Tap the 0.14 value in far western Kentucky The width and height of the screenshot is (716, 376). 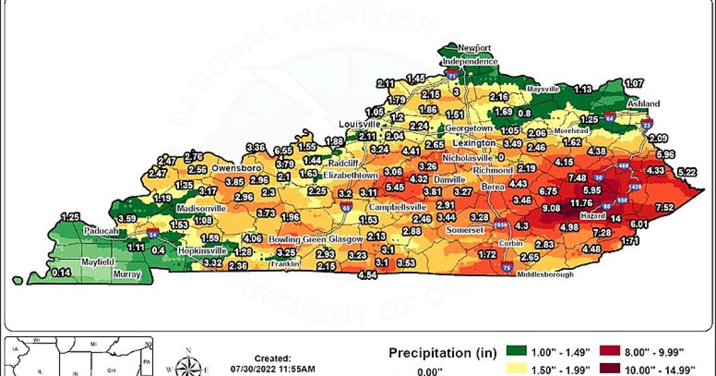[x=60, y=273]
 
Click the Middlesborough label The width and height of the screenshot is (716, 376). [x=545, y=275]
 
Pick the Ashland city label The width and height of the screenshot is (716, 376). [x=643, y=104]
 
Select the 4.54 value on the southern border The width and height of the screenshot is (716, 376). [x=368, y=275]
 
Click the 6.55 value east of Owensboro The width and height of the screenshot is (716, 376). [x=283, y=150]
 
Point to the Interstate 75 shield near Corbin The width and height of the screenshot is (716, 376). [x=507, y=266]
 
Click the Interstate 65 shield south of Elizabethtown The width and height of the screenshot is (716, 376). [x=346, y=207]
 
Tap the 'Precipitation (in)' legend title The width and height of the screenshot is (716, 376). [x=442, y=353]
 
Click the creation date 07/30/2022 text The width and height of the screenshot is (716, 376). [x=272, y=369]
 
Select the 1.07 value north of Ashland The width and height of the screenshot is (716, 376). [x=634, y=83]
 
